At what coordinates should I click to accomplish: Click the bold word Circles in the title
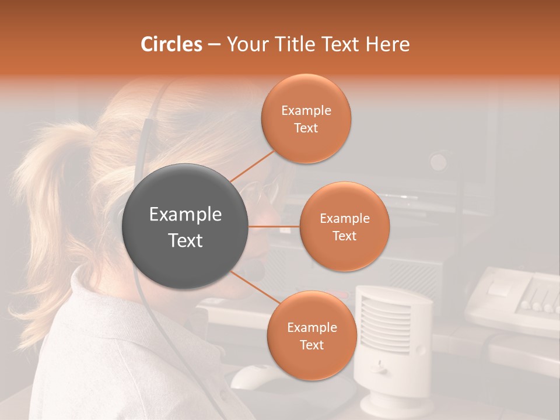coord(171,44)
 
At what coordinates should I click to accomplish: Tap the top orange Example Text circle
coord(306,119)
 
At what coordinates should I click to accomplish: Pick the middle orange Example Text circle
coord(344,226)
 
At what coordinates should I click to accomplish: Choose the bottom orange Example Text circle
coord(311,336)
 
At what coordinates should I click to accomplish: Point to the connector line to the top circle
coord(252,166)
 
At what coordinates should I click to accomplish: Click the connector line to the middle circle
coord(274,226)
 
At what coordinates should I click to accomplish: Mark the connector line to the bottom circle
coord(254,288)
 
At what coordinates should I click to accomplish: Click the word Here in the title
coord(388,44)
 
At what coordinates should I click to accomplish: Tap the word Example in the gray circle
coord(185,215)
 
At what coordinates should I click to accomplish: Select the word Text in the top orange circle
coord(306,128)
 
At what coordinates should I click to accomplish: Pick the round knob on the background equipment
coord(438,161)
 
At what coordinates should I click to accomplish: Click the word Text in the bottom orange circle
coord(311,345)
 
